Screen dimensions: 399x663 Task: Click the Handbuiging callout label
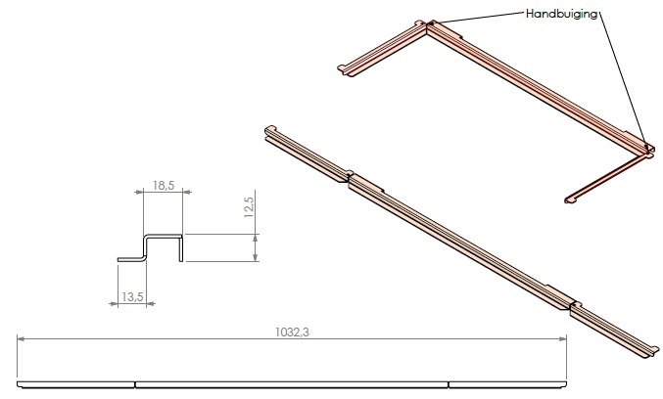click(x=562, y=14)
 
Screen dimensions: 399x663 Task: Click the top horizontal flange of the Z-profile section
click(x=165, y=236)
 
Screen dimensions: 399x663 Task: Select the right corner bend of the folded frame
click(x=646, y=148)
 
